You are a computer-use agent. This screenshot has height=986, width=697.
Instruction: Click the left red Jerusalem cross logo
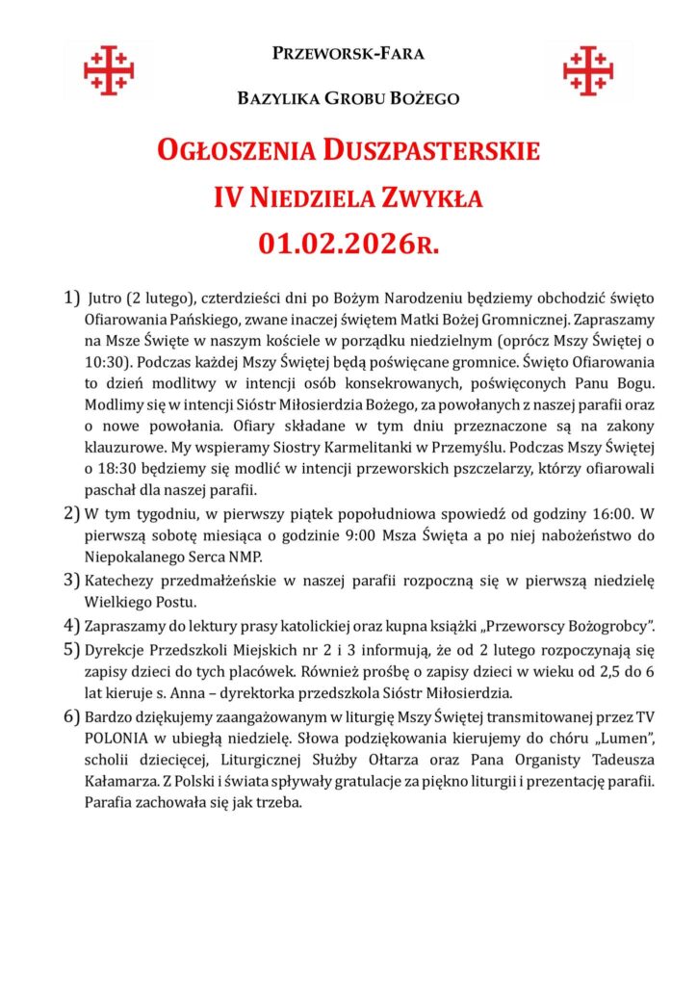109,70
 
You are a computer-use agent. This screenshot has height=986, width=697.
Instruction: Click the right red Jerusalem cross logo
587,70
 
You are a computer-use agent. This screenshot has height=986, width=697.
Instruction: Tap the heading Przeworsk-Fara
348,54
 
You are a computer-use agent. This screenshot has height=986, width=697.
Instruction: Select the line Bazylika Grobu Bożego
348,98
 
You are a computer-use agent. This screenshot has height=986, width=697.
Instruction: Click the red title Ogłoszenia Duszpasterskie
348,151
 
